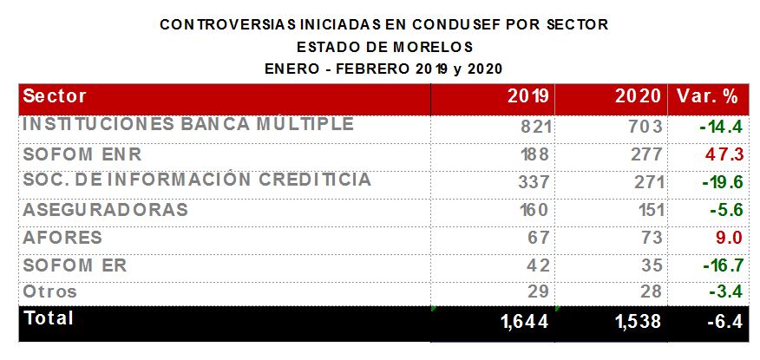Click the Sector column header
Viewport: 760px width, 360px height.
click(x=55, y=96)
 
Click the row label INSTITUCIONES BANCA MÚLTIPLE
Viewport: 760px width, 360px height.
click(x=187, y=125)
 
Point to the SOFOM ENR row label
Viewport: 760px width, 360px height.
click(x=82, y=154)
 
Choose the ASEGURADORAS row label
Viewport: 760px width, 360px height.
click(x=105, y=210)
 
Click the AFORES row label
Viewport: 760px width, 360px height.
click(x=62, y=238)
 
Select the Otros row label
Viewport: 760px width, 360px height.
click(x=50, y=292)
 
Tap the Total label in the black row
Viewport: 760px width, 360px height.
click(x=49, y=318)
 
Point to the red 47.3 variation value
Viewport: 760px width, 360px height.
click(x=724, y=154)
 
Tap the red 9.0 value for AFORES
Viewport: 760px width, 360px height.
click(x=729, y=238)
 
